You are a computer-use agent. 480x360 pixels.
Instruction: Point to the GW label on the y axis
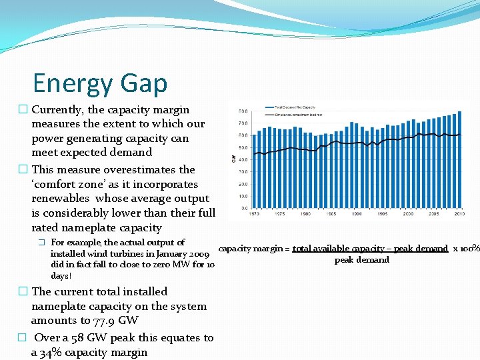coord(233,159)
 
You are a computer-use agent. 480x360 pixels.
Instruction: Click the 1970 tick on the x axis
coord(254,214)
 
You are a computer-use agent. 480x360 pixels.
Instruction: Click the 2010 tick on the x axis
coord(459,214)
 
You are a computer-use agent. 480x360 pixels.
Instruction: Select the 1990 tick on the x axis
coord(357,214)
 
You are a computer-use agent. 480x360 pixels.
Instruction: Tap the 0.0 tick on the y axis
coord(243,208)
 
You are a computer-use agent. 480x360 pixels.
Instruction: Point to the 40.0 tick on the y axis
coord(243,159)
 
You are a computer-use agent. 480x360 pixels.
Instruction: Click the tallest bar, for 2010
coord(459,160)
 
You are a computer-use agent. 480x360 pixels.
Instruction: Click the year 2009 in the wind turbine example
coord(201,253)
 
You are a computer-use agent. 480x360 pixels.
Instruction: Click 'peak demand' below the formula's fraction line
coord(361,260)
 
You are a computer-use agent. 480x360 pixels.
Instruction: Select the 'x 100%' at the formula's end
coord(466,249)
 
